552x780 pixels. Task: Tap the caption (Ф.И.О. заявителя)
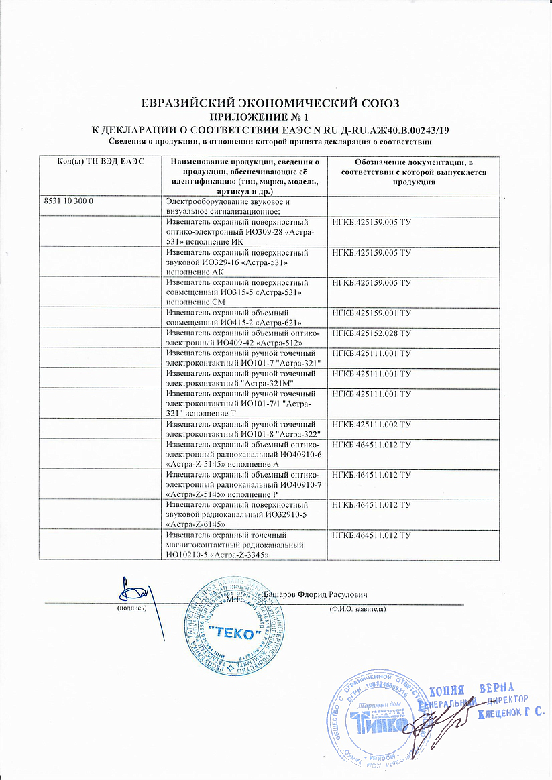click(357, 608)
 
